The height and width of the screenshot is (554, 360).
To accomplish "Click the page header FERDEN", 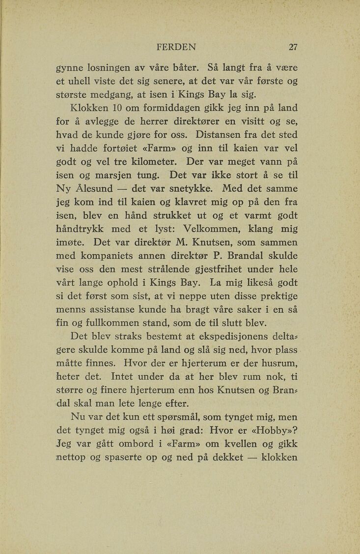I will click(x=176, y=47).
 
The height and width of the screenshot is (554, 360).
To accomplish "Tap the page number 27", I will click(x=293, y=47).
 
